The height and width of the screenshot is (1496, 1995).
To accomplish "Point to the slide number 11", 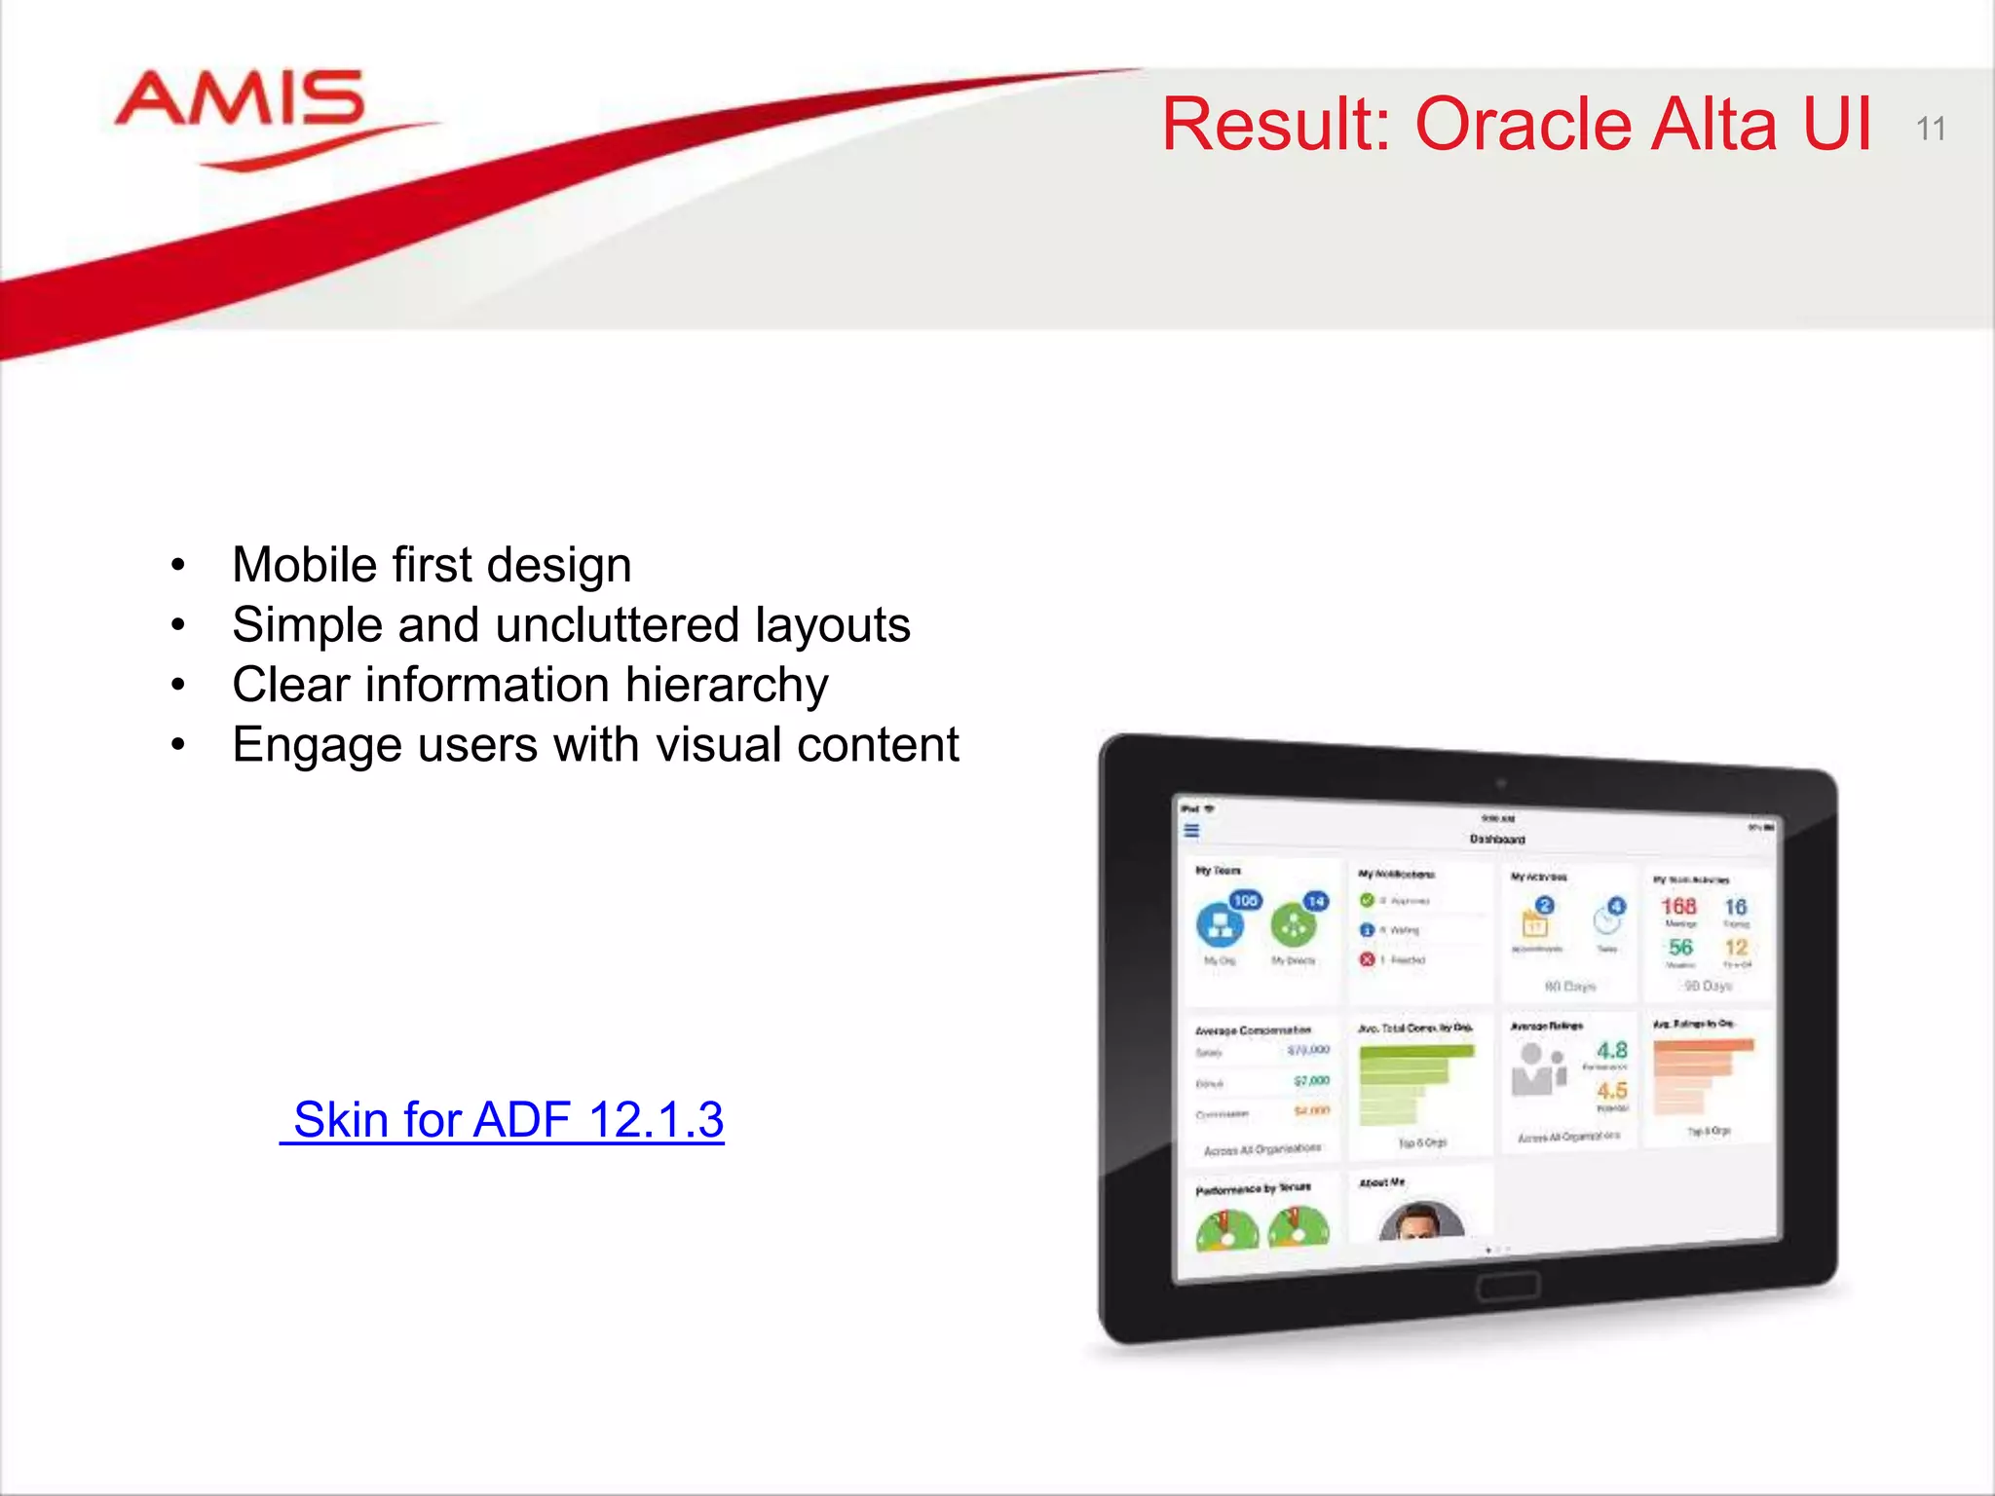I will [x=1930, y=129].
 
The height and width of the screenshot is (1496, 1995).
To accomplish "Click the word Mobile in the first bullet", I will [x=303, y=565].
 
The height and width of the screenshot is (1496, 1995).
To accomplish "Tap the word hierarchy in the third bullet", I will [x=726, y=685].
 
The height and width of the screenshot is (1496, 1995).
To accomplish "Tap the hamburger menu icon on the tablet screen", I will [x=1191, y=831].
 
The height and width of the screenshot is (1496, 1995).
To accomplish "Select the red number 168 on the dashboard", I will [x=1678, y=906].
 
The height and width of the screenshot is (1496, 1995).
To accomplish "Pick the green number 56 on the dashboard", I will [x=1680, y=947].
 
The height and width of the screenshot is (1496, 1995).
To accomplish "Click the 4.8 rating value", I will [x=1611, y=1050].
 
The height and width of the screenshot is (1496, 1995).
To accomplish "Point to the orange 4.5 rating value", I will [x=1611, y=1091].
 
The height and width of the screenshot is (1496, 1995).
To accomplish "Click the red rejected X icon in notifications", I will [x=1367, y=959].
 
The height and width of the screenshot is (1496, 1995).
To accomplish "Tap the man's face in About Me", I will [x=1421, y=1221].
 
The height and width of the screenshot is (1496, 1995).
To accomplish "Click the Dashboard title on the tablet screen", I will [x=1497, y=839].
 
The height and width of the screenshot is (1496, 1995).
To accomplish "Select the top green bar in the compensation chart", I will [x=1417, y=1052].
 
